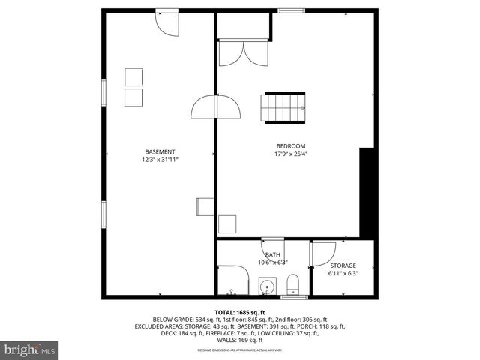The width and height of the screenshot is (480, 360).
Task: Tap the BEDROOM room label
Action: click(x=291, y=146)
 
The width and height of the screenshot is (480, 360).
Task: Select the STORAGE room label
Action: click(x=343, y=265)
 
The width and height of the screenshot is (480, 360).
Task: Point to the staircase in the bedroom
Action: click(x=283, y=108)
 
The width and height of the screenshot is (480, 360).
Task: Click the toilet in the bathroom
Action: click(x=293, y=284)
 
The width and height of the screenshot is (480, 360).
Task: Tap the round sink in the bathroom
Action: click(x=266, y=286)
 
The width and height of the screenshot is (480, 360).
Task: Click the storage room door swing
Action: click(x=322, y=253)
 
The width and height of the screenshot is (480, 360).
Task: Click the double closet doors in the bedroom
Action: click(x=244, y=52)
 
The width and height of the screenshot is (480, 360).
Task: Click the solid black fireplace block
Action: click(x=367, y=193)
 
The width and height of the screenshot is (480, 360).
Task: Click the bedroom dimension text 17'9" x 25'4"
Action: click(x=291, y=154)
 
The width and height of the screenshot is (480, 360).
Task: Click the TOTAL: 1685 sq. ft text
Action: click(x=240, y=312)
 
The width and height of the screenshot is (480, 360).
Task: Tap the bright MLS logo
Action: click(x=30, y=349)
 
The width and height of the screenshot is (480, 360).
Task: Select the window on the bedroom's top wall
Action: click(x=291, y=11)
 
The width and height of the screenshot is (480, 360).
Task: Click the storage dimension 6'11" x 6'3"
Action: click(x=343, y=274)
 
